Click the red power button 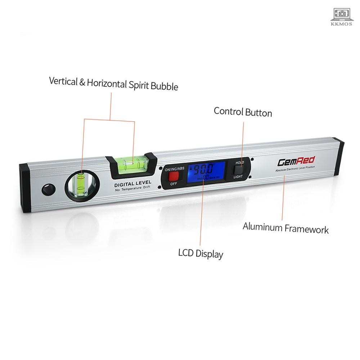click(x=174, y=176)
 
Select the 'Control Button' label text click(x=243, y=112)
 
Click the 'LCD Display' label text click(x=201, y=253)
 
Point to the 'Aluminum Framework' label click(x=285, y=228)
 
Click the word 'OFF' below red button click(x=174, y=184)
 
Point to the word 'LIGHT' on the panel click(x=238, y=176)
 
